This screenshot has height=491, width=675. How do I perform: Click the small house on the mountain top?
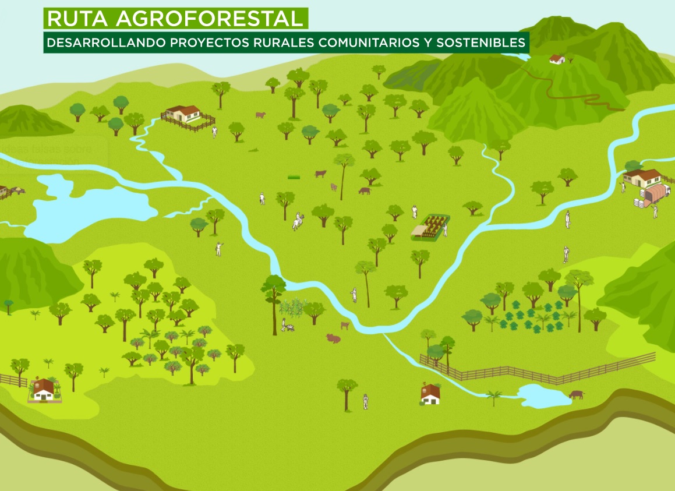[x=557, y=59]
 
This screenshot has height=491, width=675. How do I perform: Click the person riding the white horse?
[x=298, y=220]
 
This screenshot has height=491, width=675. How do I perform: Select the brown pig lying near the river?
[x=333, y=338]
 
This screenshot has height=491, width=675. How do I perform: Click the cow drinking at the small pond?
[x=576, y=394]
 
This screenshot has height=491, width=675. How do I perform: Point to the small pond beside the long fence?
[x=544, y=395]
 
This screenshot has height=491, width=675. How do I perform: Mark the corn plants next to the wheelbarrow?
[x=294, y=307]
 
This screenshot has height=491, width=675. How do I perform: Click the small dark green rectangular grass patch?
[x=294, y=176]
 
